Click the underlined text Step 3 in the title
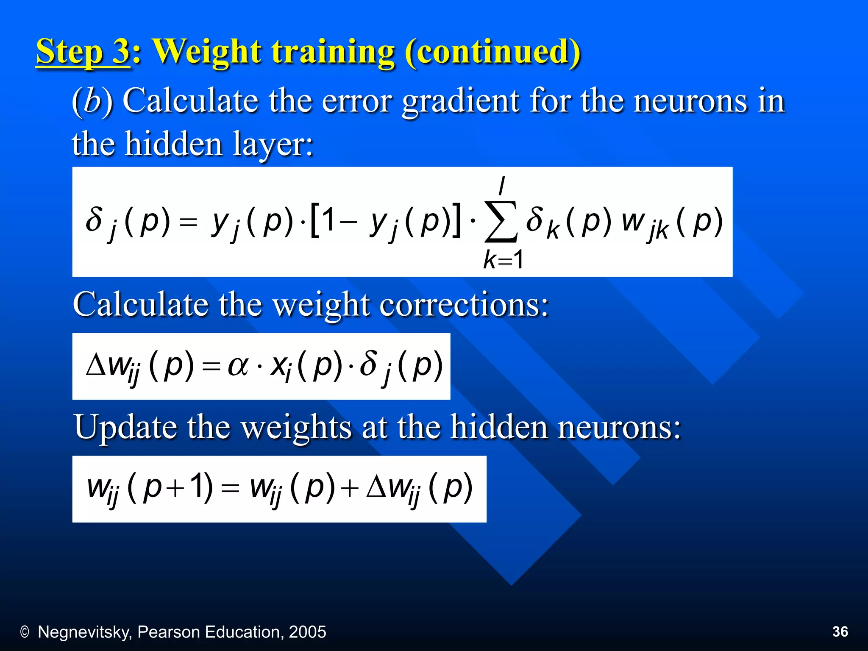tap(82, 52)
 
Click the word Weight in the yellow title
tap(205, 52)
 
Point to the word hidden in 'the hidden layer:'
tap(174, 144)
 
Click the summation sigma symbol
tap(501, 222)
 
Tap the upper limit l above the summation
tap(502, 186)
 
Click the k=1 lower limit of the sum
tap(504, 259)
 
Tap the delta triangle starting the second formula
tap(95, 365)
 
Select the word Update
tap(125, 427)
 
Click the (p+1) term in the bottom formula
tap(170, 488)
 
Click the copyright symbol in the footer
tap(25, 632)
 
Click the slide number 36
tap(840, 632)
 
